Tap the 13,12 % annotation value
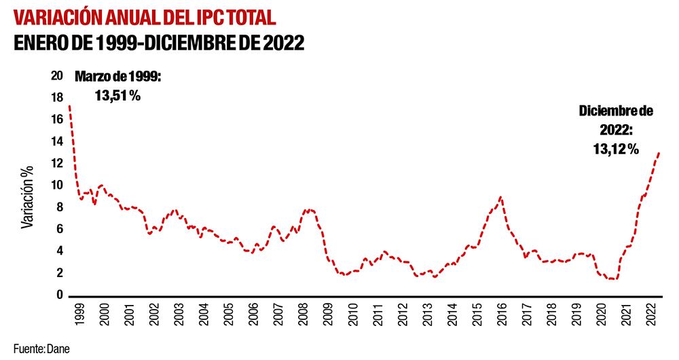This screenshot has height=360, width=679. tap(615, 149)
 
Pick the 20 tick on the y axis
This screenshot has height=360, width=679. tap(58, 75)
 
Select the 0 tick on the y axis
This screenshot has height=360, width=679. tap(60, 295)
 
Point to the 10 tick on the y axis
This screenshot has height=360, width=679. tap(58, 185)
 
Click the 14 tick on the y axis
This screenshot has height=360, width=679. tap(58, 141)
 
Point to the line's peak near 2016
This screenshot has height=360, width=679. tap(501, 197)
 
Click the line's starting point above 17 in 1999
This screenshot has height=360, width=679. tap(70, 106)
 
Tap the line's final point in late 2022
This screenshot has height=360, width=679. tap(659, 153)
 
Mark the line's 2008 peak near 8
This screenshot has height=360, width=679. tap(309, 210)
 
